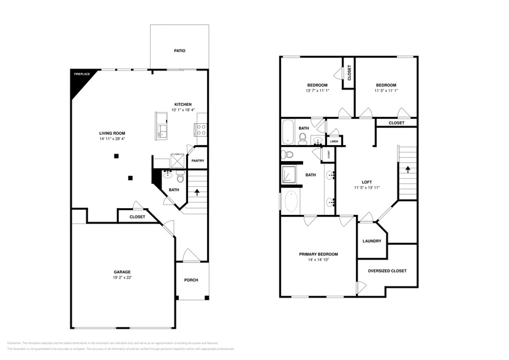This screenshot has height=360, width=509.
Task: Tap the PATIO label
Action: click(x=179, y=51)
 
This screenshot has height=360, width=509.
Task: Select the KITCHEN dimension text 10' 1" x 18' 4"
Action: click(x=183, y=111)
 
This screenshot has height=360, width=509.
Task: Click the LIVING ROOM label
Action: click(x=113, y=133)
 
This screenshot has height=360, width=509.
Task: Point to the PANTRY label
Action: click(x=197, y=161)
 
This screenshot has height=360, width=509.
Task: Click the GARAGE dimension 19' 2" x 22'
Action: click(x=122, y=277)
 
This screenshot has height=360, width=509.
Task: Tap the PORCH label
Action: click(x=191, y=280)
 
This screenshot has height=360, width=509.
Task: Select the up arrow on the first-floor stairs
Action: click(x=197, y=192)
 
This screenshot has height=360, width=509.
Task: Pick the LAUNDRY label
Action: click(x=372, y=241)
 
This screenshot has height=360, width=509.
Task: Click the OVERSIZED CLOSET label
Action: click(x=387, y=271)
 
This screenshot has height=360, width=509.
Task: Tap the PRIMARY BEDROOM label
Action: click(x=319, y=254)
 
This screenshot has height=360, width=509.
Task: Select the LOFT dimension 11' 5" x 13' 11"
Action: click(x=367, y=188)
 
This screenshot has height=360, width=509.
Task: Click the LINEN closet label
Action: click(x=334, y=142)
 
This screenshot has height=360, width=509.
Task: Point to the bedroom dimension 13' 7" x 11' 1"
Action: click(x=317, y=91)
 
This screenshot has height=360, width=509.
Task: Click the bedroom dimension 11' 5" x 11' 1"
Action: click(x=386, y=91)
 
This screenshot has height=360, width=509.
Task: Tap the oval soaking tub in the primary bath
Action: click(x=290, y=201)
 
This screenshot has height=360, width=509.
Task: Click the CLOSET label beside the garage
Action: click(x=137, y=217)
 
